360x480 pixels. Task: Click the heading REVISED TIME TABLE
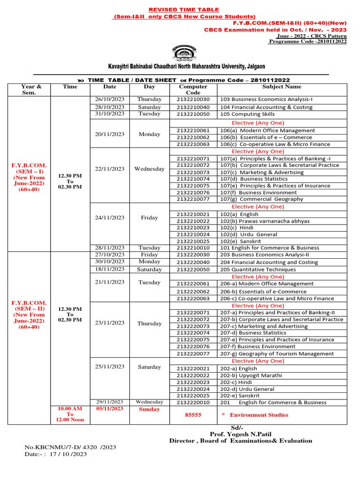184,10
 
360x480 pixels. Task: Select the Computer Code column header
193,90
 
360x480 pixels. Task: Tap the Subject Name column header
282,87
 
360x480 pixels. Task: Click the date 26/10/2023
109,99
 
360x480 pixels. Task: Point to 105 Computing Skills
247,114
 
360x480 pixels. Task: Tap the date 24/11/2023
110,217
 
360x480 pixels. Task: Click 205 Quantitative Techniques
258,270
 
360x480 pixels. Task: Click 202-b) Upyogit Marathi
251,375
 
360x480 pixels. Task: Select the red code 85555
193,415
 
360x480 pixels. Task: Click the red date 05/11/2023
110,409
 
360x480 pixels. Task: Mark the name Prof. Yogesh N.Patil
240,434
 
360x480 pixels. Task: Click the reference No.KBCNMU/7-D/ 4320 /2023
70,447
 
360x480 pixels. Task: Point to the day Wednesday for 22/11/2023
149,169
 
